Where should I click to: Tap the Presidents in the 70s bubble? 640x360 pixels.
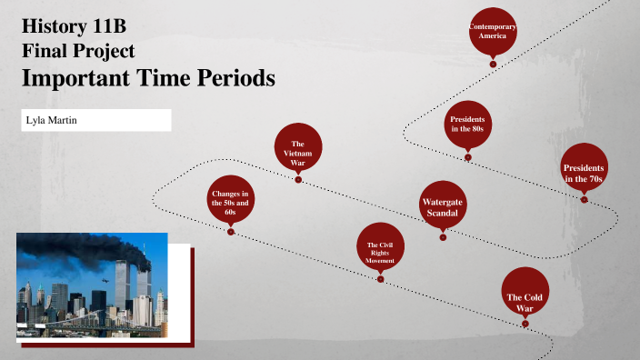coord(584,167)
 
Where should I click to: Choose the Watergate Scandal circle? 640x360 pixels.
coord(443,206)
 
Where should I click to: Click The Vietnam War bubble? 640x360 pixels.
coord(297,149)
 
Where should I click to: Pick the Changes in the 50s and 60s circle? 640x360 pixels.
coord(231,202)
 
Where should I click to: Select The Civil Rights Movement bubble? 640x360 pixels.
coord(380,246)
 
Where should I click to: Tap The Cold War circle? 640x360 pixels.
coord(525,292)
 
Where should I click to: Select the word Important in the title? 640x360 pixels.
coord(80,78)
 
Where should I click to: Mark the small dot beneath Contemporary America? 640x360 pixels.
coord(493,64)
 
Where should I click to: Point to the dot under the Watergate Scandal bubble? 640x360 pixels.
coord(443,238)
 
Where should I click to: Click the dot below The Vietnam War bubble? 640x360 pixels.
coord(298,180)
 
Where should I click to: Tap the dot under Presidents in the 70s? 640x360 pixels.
coord(584,199)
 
